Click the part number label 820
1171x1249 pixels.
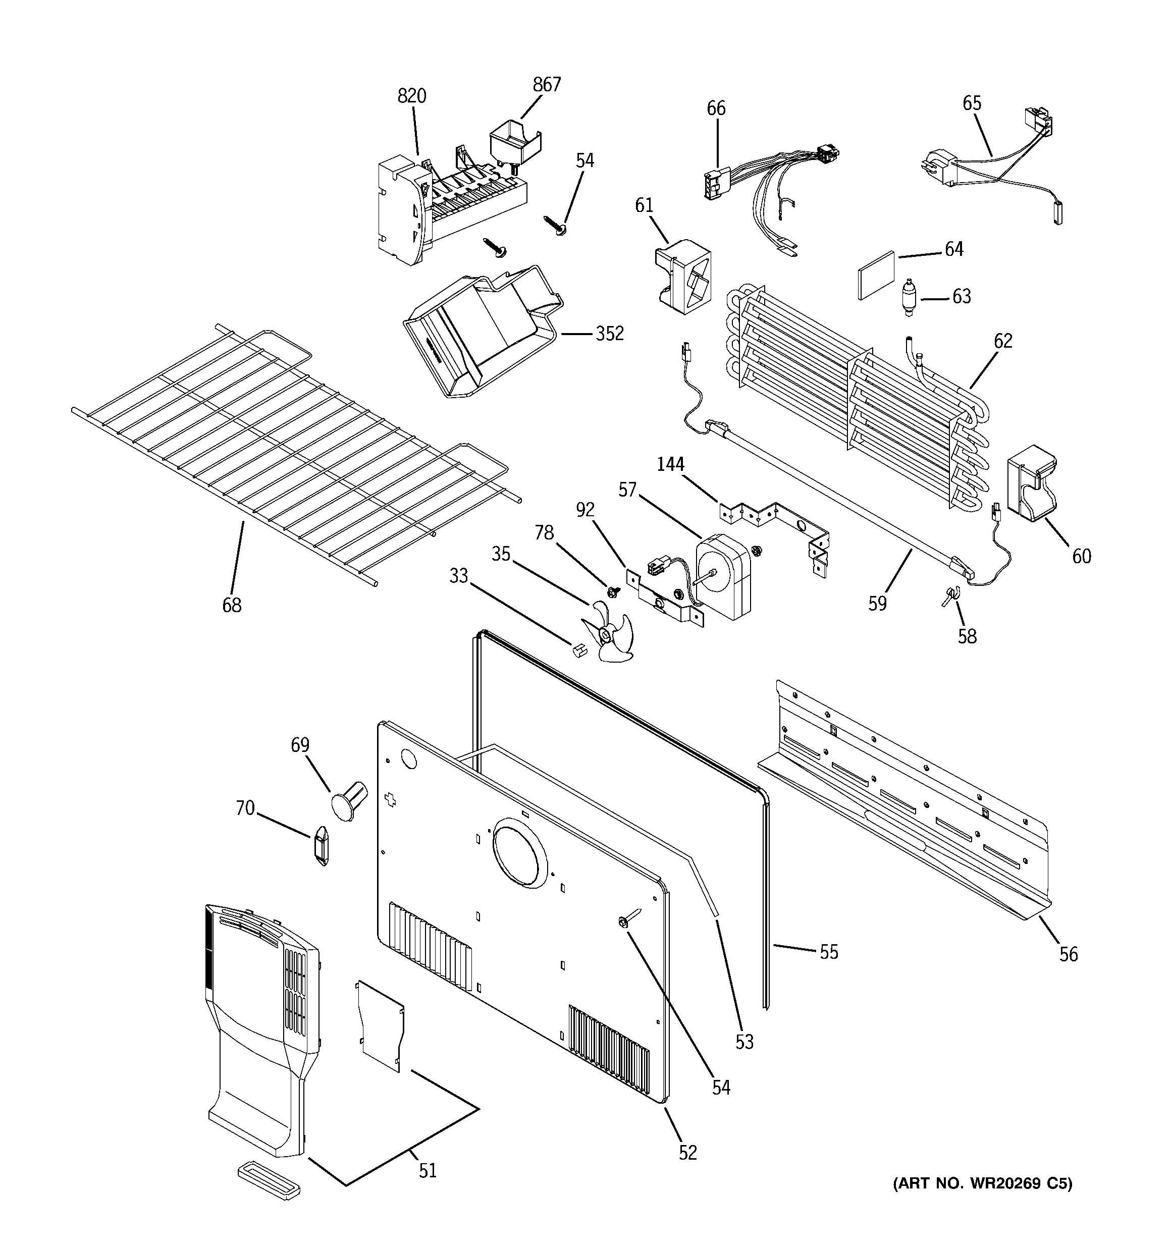pos(412,96)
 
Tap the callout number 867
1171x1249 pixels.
pos(546,85)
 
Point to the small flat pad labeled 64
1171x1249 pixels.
pos(876,275)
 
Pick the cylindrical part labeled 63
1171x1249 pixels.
pos(908,297)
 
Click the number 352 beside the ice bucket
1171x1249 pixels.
pos(609,334)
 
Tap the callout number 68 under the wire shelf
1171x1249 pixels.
pos(231,605)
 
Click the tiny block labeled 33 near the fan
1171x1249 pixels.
pos(577,649)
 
